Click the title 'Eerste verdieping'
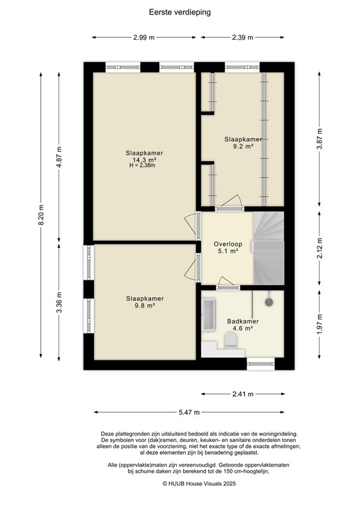pos(180,12)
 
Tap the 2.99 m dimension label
pos(143,37)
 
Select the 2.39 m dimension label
pos(243,37)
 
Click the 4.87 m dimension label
pos(59,156)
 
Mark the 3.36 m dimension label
pos(59,303)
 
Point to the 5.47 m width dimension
pos(188,412)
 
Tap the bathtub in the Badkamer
pos(209,316)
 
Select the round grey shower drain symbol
pos(269,302)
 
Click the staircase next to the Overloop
pos(269,246)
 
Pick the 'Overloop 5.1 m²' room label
pos(227,247)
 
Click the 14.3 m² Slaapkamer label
pos(144,159)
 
